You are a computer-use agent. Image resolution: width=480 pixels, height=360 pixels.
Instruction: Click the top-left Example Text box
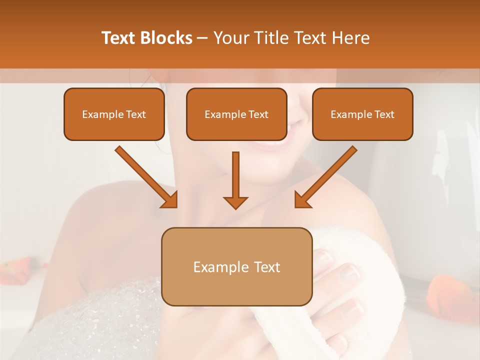click(114, 114)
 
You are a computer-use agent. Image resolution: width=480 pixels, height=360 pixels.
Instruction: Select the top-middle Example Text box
click(236, 114)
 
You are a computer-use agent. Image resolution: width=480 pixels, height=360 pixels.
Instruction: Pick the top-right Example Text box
click(362, 114)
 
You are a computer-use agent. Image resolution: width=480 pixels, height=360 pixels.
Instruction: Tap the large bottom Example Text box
click(236, 266)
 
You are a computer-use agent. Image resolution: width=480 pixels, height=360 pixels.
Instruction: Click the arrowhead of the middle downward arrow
click(235, 202)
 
